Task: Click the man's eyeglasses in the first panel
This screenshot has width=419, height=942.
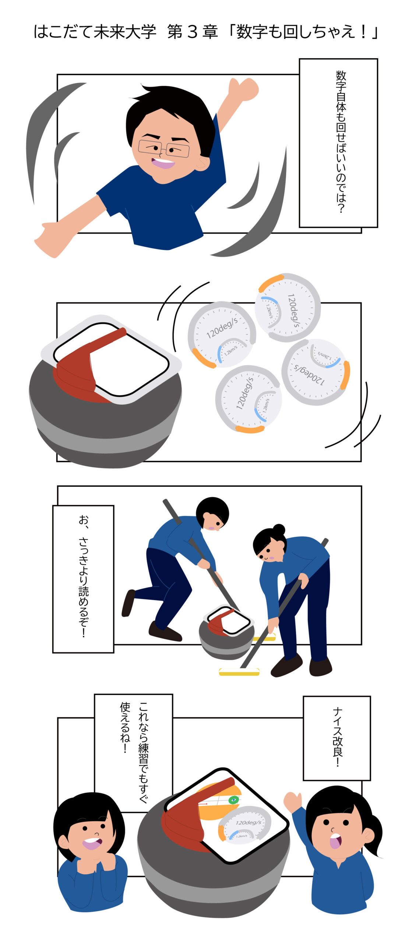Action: pos(163,149)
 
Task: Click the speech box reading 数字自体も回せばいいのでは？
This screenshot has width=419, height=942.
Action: pos(338,143)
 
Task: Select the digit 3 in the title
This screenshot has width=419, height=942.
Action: pos(193,32)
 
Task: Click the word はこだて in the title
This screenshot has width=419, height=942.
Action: pos(63,32)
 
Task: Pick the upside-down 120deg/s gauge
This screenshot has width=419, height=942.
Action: pos(316,372)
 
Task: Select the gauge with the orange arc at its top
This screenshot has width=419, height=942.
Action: pos(288,308)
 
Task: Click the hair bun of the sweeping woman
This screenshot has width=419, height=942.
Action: pos(279,529)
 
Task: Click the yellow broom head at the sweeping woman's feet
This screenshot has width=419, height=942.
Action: pos(239,672)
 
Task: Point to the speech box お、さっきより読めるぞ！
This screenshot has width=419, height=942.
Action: pos(83,579)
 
